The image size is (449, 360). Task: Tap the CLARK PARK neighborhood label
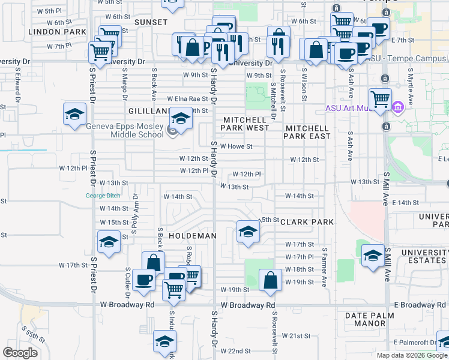point(306,222)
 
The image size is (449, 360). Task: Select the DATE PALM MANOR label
point(370,319)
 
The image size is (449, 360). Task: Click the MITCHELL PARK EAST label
point(308,133)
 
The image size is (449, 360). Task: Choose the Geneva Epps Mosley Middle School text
point(125,130)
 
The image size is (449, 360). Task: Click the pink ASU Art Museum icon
point(397,108)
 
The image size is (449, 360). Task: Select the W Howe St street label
point(240,146)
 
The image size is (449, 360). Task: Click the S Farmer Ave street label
point(325,267)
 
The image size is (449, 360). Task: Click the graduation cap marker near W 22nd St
point(164,342)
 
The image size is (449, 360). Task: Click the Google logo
point(20,353)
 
